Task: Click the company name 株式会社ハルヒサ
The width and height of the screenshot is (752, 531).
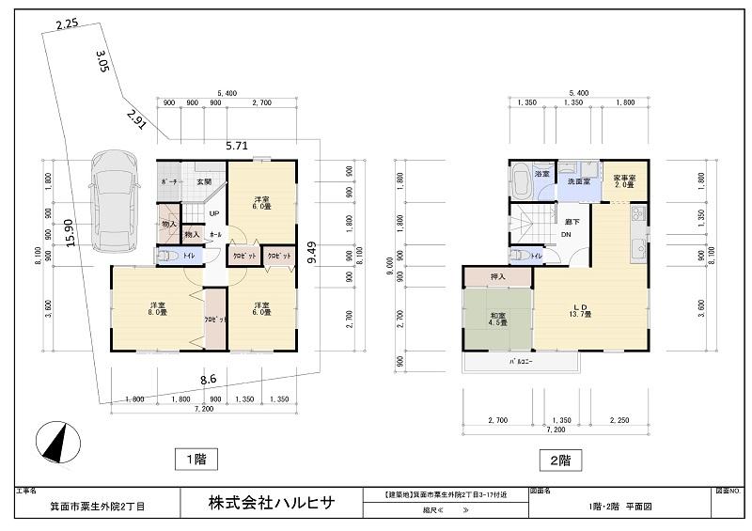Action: [x=270, y=504]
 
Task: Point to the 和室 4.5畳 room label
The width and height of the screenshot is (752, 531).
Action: [x=496, y=318]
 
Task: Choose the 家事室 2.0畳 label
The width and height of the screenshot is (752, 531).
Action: [x=624, y=180]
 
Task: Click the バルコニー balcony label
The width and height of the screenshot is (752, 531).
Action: [x=521, y=362]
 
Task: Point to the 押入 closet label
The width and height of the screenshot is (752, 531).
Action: [x=497, y=277]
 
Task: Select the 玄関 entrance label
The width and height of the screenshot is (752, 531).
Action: [x=204, y=181]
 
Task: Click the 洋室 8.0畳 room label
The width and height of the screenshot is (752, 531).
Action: [x=157, y=310]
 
